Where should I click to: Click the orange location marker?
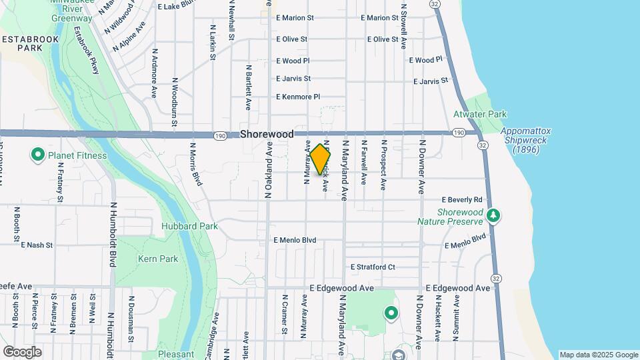[x=320, y=159]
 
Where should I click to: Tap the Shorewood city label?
[x=267, y=134]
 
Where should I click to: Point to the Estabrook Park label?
[x=30, y=44]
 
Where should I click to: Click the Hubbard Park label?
[x=189, y=226]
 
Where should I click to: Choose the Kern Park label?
[x=157, y=259]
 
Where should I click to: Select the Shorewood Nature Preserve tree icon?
[x=493, y=215]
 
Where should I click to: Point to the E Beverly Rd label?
[x=461, y=200]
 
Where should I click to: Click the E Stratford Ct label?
[x=373, y=267]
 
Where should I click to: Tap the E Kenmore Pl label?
[x=298, y=97]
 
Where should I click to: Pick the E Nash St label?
[x=37, y=245]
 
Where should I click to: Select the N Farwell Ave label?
[x=364, y=162]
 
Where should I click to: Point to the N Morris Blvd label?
[x=195, y=163]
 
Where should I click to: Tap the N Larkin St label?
[x=213, y=43]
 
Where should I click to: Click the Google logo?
[x=22, y=351]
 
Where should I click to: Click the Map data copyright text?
[x=597, y=355]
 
